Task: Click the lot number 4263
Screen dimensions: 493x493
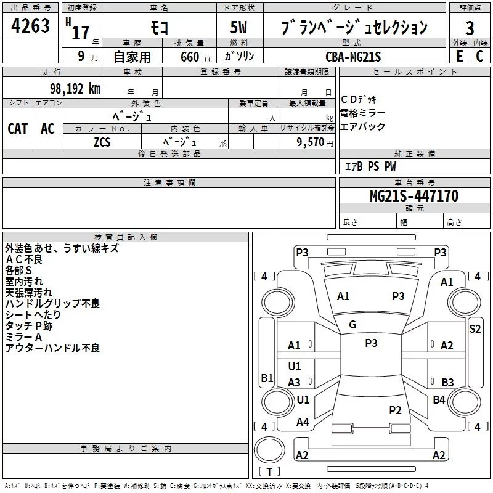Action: [31, 27]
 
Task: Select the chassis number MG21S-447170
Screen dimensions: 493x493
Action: [414, 196]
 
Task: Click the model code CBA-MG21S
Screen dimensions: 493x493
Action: [353, 57]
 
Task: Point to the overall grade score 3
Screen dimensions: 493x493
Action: [470, 28]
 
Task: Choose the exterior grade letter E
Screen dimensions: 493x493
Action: [459, 56]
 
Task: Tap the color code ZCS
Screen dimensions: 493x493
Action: [102, 141]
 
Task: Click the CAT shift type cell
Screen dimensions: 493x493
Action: [18, 128]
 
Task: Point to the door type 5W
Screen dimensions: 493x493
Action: [240, 28]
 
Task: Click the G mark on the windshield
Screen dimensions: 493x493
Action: [352, 325]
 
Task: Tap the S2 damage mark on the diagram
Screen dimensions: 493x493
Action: [475, 328]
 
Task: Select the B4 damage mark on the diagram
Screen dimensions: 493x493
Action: [439, 400]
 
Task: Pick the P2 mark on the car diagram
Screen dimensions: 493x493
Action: [395, 410]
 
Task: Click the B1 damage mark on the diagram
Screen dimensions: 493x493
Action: [266, 378]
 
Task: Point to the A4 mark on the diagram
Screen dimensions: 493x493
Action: [303, 422]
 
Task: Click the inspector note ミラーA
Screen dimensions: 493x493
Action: [23, 337]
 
